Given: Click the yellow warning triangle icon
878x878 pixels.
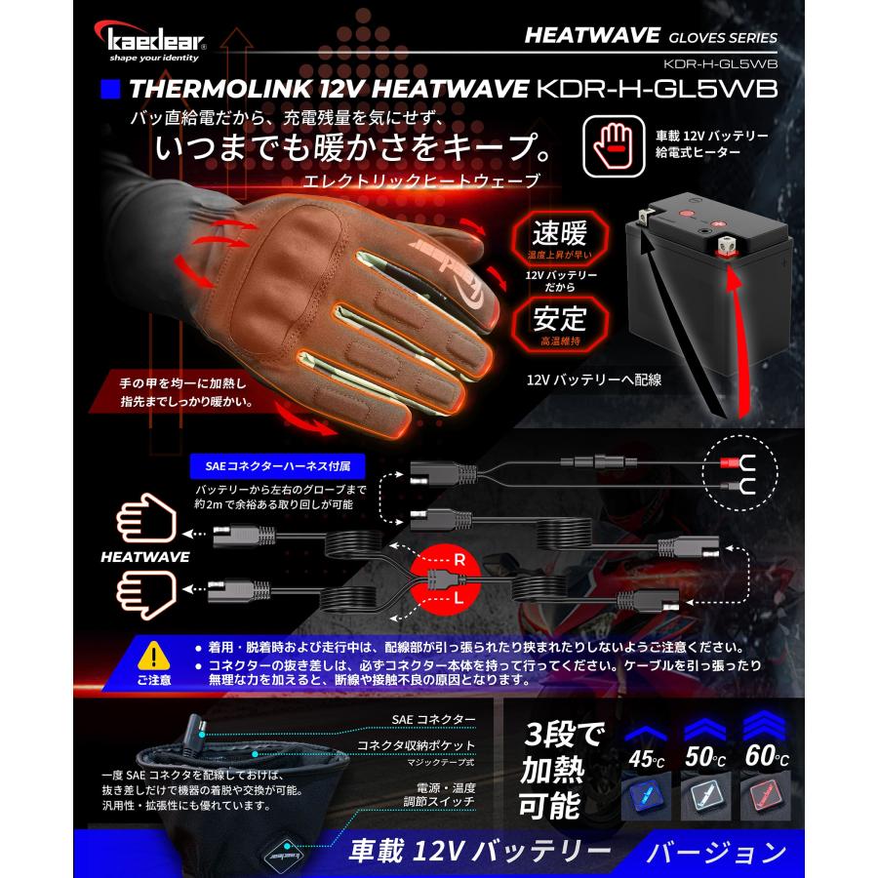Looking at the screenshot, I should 153,655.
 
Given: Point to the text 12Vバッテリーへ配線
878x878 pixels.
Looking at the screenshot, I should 593,379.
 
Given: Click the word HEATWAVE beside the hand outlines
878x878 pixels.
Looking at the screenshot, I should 145,557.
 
